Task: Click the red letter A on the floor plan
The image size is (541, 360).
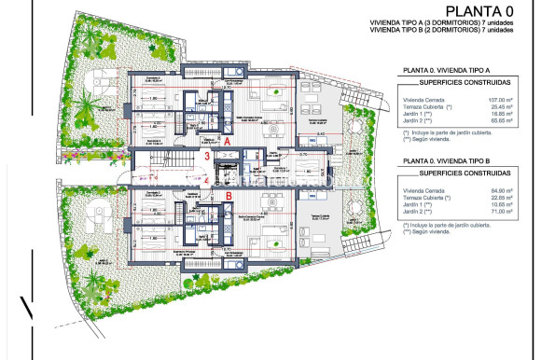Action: [227, 140]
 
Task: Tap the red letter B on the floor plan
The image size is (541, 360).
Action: [229, 196]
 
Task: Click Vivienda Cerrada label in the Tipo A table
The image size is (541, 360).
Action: [421, 99]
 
